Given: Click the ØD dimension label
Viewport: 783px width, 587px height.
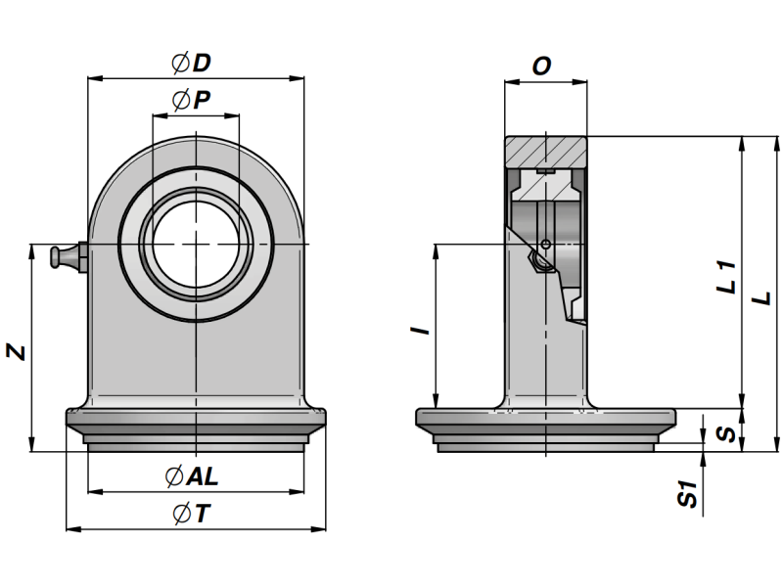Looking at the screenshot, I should pos(192,64).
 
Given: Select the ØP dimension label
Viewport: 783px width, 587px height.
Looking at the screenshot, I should pos(192,100).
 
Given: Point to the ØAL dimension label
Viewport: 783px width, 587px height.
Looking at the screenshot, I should pos(192,476).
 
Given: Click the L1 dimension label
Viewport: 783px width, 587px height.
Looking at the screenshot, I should pos(726,276).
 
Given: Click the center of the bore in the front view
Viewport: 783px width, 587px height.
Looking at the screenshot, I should pos(196,242).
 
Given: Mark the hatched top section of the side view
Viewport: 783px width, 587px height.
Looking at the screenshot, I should pos(545,152).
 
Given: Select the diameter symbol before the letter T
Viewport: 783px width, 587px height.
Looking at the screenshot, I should pos(179,513).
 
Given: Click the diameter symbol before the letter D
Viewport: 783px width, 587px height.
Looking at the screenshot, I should pos(179,64).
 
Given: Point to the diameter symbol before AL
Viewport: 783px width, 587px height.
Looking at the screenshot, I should pos(174,476).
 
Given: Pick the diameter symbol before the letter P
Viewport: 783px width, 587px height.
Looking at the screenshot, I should pos(179,100).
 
